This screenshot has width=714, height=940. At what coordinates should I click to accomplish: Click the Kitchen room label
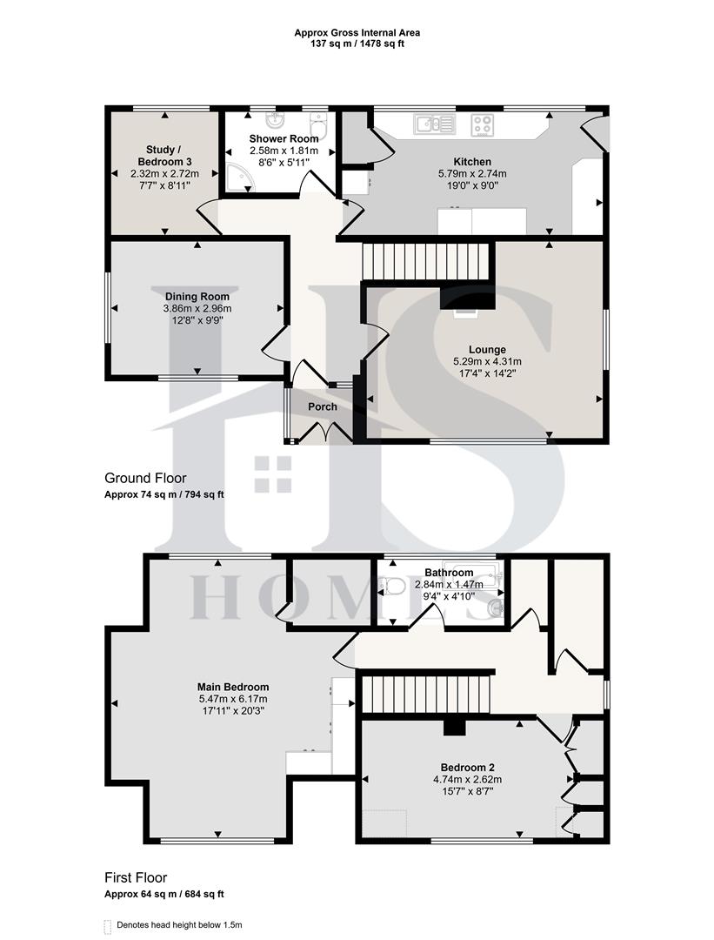point(472,162)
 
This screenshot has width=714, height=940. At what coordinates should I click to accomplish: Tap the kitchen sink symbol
point(434,124)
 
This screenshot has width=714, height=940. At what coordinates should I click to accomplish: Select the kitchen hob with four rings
point(484,124)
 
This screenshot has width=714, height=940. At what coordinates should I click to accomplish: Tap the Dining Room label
point(197,297)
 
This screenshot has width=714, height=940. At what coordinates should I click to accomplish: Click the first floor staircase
point(426,694)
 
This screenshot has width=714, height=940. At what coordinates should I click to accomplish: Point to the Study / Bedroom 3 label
point(164,156)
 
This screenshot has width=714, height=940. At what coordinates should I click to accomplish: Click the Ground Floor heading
point(145,478)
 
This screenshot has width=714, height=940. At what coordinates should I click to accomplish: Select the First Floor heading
point(136,877)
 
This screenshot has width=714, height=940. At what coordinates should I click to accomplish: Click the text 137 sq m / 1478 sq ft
point(357,44)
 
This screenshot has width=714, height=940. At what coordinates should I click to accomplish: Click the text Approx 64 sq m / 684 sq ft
point(165,894)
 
